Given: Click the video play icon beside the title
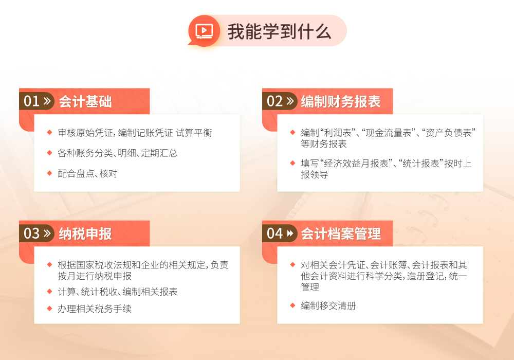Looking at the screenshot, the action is tap(204, 31).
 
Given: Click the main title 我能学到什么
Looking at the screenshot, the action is tap(279, 32).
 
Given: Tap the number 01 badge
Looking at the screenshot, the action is tap(36, 101).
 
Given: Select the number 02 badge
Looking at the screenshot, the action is tap(280, 101).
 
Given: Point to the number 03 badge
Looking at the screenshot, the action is tap(36, 233).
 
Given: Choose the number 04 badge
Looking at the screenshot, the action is tap(280, 233).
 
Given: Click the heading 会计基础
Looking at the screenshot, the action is tap(85, 102).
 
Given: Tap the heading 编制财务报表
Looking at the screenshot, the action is tap(341, 102).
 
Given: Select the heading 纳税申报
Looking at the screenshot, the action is tap(85, 234).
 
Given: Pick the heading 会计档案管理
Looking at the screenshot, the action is tap(341, 234).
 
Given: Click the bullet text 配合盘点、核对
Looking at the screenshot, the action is tap(87, 173).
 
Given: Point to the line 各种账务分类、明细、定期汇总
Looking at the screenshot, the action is tap(118, 153).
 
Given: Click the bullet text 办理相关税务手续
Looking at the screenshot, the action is tap(95, 309).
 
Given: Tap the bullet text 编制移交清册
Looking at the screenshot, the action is tap(328, 305).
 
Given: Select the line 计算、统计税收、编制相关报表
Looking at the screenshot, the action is tap(118, 292).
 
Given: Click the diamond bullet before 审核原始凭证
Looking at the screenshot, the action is tap(49, 133).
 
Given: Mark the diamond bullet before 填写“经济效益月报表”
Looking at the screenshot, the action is tap(293, 163).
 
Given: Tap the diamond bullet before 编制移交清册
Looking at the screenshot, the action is tap(293, 305).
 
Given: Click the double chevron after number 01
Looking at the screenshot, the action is tap(47, 101).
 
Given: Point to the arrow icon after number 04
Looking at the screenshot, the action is tap(290, 233).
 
